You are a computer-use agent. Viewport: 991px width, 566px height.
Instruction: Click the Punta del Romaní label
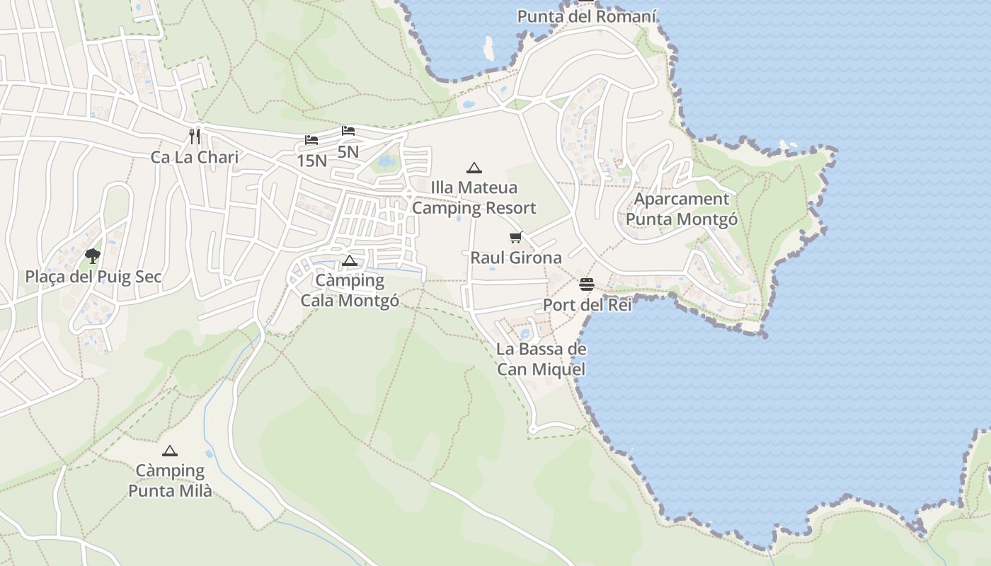(x=587, y=16)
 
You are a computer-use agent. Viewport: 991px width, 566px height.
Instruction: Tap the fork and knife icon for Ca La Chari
(x=195, y=136)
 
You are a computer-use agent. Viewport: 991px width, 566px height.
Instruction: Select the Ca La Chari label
(x=195, y=157)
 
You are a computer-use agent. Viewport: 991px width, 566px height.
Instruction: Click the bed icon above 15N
(x=311, y=140)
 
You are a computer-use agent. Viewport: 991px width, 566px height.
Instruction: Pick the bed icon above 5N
(x=348, y=131)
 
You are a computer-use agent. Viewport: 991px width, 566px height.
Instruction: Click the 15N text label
(x=311, y=161)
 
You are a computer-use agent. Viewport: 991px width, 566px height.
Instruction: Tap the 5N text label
(x=348, y=151)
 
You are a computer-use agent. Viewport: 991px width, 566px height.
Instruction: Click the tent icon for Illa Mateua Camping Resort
(x=474, y=168)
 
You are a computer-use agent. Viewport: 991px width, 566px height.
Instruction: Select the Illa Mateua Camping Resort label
(x=474, y=198)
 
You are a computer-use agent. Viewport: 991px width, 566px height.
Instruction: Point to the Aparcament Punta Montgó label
(x=682, y=209)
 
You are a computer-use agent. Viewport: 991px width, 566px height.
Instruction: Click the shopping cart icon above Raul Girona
(x=515, y=238)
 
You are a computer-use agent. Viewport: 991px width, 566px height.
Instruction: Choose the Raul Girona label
(x=516, y=258)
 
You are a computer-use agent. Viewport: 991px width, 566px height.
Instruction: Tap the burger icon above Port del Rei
(x=587, y=284)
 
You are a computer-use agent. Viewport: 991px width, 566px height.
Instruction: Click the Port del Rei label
(x=587, y=305)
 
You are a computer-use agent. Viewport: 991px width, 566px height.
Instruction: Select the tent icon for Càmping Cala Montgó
(x=349, y=260)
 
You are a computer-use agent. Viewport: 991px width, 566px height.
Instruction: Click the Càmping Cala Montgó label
(x=350, y=290)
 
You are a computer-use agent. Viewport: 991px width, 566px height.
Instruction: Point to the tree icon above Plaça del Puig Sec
(x=92, y=256)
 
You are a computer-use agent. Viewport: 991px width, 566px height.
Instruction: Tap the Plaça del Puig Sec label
(x=93, y=277)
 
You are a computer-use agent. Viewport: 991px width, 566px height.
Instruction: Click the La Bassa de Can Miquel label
(x=542, y=359)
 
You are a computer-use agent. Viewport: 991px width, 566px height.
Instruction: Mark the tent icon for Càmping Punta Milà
(x=169, y=451)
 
